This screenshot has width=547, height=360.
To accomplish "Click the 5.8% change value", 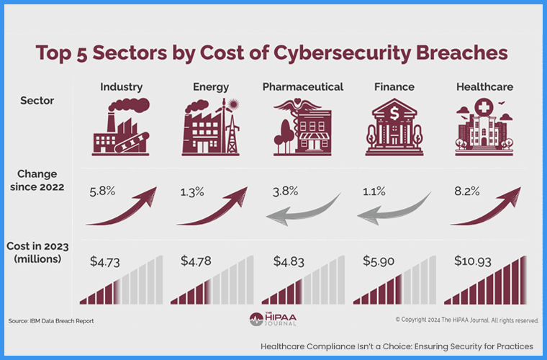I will coord(102,192).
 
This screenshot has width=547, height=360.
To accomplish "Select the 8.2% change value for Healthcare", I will coord(468,192).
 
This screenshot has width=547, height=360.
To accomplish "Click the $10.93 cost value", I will coord(474,260).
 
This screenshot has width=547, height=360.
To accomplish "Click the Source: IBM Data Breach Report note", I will coord(51,320).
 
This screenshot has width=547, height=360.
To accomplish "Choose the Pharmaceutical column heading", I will coord(302,87).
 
